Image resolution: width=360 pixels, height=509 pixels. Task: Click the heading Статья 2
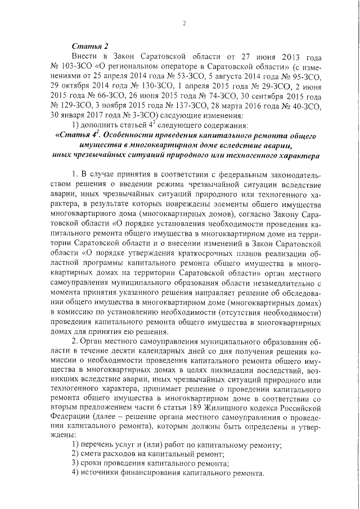[89, 47]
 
